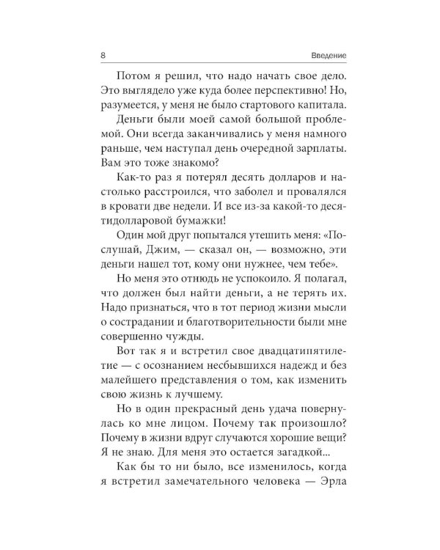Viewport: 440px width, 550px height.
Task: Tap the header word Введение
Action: pyautogui.click(x=328, y=55)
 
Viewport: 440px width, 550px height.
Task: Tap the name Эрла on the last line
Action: pyautogui.click(x=331, y=522)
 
